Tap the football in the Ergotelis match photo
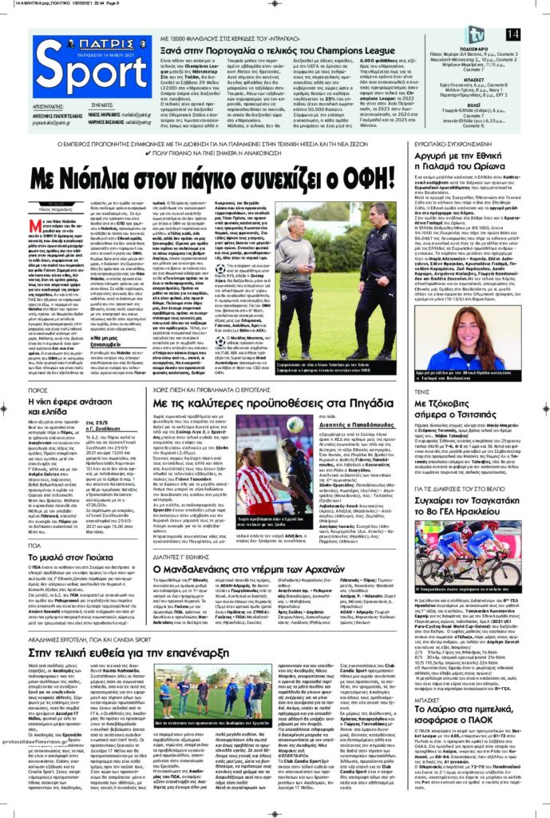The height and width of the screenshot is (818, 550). tap(294, 421)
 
